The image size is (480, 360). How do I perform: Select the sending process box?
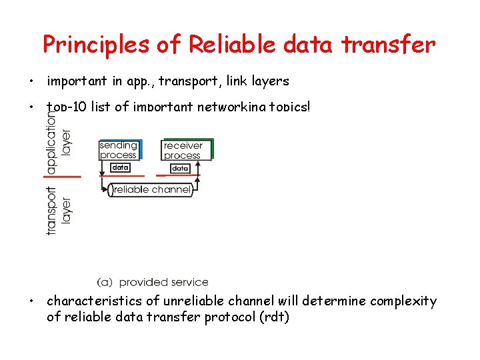[119, 150]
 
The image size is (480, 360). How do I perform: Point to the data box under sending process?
[119, 168]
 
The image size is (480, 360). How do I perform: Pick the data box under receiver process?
[180, 168]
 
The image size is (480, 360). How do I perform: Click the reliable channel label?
[152, 190]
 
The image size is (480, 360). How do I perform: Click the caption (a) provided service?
[153, 283]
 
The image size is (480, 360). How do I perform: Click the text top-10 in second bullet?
[67, 106]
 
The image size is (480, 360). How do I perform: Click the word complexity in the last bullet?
[403, 301]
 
